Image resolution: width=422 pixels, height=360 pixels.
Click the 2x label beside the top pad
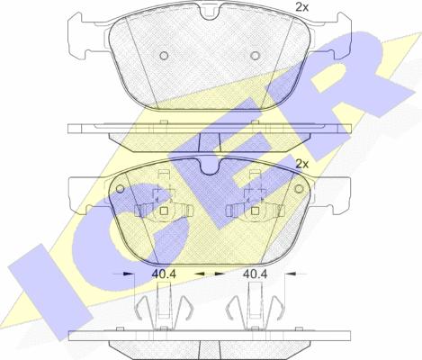[301, 7]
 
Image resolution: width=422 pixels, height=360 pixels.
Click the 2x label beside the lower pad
[301, 164]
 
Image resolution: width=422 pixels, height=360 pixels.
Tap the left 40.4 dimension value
[164, 274]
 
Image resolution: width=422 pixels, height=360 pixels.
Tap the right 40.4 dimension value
[255, 274]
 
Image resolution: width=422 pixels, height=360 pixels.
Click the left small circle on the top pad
[164, 56]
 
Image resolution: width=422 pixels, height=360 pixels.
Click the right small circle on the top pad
[255, 56]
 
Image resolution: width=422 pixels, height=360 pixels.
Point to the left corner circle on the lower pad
[120, 189]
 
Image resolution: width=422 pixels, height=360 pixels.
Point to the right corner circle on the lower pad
[299, 189]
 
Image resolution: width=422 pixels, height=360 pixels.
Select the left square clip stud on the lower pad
[164, 211]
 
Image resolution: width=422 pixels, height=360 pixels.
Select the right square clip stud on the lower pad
[255, 211]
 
